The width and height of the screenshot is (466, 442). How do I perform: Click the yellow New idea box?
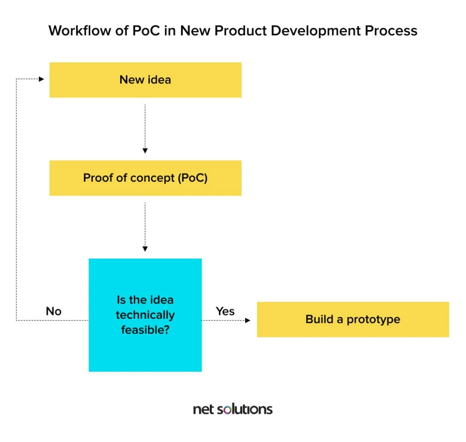click(x=145, y=80)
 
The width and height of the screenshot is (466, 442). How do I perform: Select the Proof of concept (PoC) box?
click(x=145, y=178)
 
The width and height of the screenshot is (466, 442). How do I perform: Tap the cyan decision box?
click(x=145, y=315)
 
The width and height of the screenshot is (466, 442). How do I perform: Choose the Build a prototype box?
click(x=353, y=320)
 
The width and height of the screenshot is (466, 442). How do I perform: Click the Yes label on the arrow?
click(x=225, y=311)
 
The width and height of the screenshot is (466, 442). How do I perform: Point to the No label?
click(x=54, y=311)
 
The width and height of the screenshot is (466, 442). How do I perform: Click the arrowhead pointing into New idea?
click(x=41, y=79)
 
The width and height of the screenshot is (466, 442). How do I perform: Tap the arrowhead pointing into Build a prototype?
click(x=248, y=320)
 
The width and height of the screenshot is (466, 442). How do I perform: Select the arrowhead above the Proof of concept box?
click(x=145, y=151)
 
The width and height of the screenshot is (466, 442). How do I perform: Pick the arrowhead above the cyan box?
click(x=145, y=249)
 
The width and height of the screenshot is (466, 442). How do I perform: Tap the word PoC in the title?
click(x=146, y=30)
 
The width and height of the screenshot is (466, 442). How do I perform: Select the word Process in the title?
click(x=391, y=30)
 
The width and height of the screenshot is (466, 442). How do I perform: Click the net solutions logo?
click(x=233, y=409)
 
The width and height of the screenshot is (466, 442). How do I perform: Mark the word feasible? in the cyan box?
click(x=145, y=330)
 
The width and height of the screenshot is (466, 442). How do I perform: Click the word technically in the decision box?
click(x=145, y=315)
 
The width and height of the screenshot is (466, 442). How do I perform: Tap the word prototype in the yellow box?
click(x=374, y=320)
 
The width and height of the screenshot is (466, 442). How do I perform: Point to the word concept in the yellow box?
click(x=152, y=178)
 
